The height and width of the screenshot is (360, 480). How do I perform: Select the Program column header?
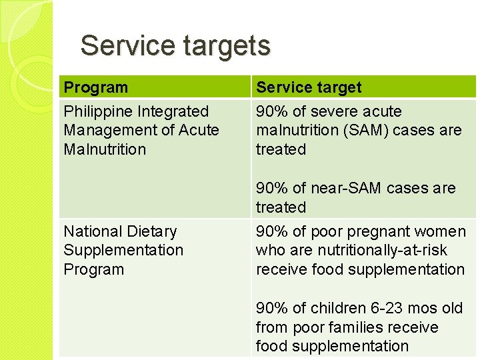coord(95,87)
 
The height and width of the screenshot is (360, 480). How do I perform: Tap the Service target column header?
coord(309,87)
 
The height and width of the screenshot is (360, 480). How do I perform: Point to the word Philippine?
coord(97,111)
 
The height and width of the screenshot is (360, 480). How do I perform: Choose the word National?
coord(92,231)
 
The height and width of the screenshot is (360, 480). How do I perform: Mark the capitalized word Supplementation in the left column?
coord(123,250)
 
